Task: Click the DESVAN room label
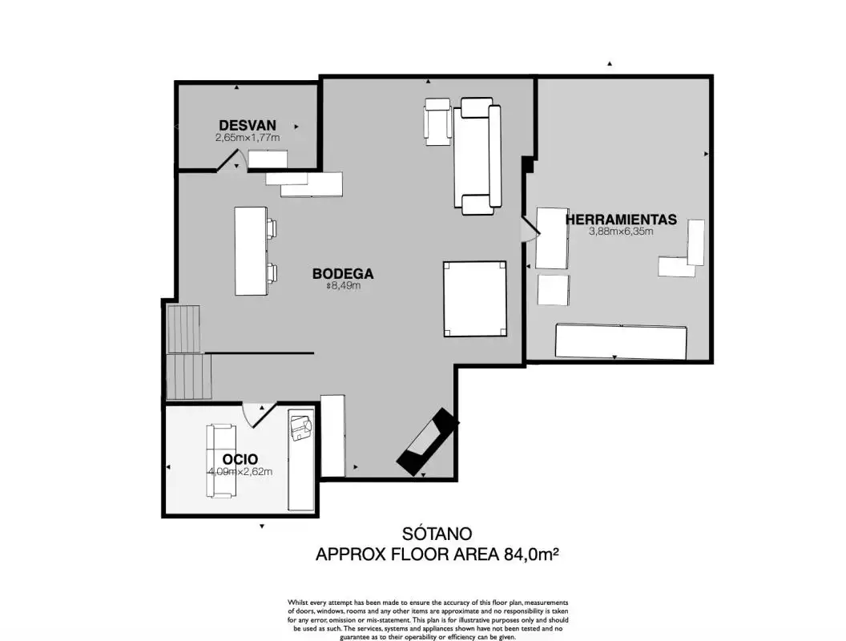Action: pos(247,125)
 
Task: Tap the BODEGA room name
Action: pos(343,273)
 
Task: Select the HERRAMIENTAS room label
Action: pos(621,220)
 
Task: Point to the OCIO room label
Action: pos(240,459)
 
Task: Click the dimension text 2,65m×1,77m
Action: pos(248,138)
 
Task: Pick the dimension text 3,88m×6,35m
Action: pos(621,232)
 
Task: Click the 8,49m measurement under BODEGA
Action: pos(343,285)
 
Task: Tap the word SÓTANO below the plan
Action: pos(437,534)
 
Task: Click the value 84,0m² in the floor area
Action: pos(531,554)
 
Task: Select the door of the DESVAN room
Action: pos(232,161)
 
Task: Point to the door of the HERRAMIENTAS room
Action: pos(530,229)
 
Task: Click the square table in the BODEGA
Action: pos(475,299)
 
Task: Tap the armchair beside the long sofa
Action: pos(437,122)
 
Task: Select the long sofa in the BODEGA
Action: pos(477,156)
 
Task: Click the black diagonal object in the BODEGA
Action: pos(427,442)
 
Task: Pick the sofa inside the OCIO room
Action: pos(220,461)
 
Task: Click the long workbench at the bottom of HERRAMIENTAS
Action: pos(621,342)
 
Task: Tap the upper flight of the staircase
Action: pos(184,329)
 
